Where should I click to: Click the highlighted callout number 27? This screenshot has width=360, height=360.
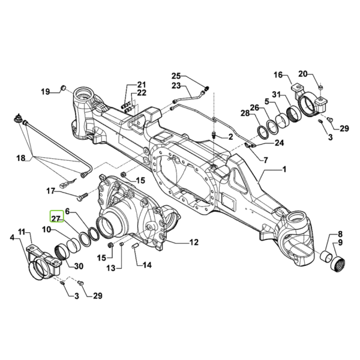pos(56,218)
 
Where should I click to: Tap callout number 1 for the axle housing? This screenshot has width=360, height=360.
pos(284,170)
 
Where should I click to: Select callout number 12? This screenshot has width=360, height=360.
pos(194,242)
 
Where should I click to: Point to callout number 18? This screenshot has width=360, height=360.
pos(20,158)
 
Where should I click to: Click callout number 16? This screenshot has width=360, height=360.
pos(278,75)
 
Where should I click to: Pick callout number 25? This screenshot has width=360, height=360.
pos(176,76)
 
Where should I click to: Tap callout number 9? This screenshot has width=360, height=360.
pos(340,242)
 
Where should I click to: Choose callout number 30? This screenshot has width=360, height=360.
pos(79,266)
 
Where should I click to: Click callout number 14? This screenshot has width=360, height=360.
pos(147,265)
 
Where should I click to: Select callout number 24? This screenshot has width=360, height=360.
pos(279,143)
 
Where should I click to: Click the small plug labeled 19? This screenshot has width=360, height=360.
pos(63,88)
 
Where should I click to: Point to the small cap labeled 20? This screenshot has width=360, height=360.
pos(321,87)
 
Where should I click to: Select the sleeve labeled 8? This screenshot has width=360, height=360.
pos(326,255)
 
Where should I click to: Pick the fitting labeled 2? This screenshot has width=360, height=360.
pos(214,134)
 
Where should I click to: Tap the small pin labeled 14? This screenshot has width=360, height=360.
pos(135,247)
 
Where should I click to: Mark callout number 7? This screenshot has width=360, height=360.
pos(265,160)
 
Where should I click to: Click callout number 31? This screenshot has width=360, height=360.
pos(277,94)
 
